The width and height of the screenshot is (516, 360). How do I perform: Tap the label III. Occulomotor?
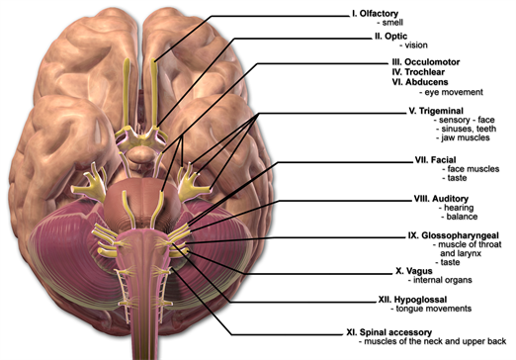[402, 61]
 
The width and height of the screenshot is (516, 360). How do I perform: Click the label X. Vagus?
[386, 269]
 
